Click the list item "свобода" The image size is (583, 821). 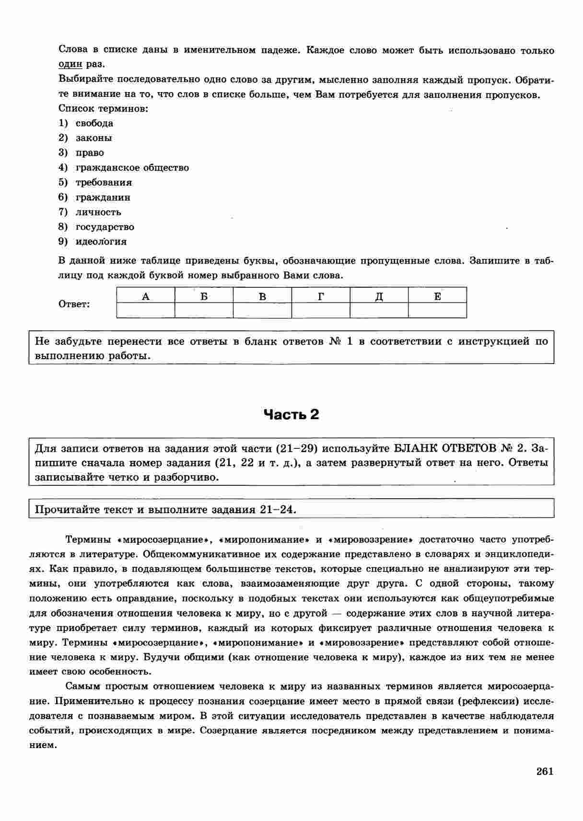click(x=94, y=123)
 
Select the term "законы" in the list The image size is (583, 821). click(x=94, y=138)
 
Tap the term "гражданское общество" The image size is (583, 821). click(x=132, y=168)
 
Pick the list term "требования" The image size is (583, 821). click(x=104, y=183)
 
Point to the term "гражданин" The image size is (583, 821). click(x=103, y=198)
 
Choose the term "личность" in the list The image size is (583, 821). click(x=98, y=212)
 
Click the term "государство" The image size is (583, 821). click(x=105, y=227)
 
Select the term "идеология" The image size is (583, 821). click(x=101, y=242)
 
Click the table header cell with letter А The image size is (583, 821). click(x=146, y=296)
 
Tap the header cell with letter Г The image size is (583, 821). click(x=321, y=296)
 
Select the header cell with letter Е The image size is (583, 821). click(x=437, y=296)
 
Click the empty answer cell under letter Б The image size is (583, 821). click(x=204, y=310)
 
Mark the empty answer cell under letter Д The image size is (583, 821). click(x=379, y=310)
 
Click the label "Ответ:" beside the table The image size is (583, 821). click(x=74, y=305)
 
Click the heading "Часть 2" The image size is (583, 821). click(x=291, y=415)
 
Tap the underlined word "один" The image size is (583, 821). click(x=70, y=65)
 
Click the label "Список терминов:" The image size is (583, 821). click(x=103, y=109)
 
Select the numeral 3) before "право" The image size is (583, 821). click(x=63, y=153)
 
